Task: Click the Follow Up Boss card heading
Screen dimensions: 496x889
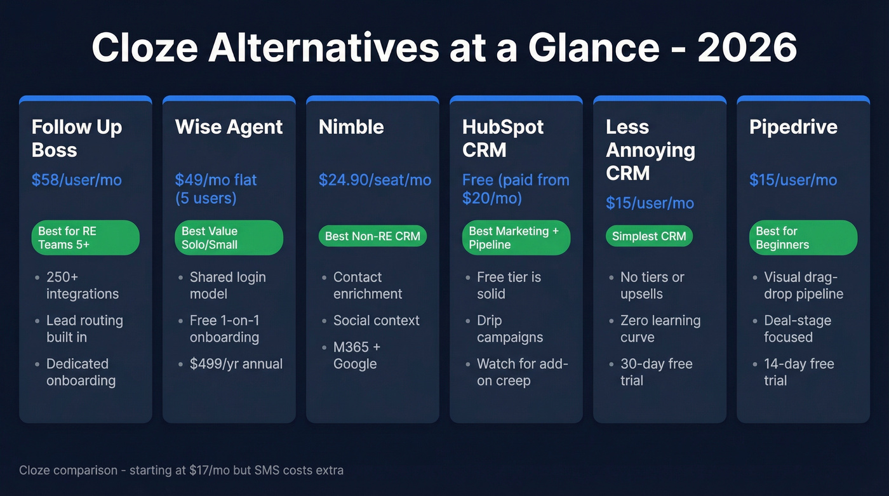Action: tap(76, 138)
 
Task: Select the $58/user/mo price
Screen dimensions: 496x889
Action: tap(76, 180)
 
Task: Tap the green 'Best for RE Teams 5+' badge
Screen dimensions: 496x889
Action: tap(85, 238)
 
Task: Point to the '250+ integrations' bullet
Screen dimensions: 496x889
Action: tap(82, 285)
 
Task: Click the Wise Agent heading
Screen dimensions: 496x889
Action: tap(229, 127)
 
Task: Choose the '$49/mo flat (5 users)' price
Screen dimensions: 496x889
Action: tap(216, 189)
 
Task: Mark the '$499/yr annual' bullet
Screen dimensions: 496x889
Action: tap(236, 364)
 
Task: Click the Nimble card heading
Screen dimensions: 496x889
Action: tap(351, 127)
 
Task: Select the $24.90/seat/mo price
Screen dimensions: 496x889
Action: tap(375, 180)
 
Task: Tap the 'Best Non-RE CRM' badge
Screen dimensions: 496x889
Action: tap(372, 236)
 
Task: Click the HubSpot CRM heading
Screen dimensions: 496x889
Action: tap(503, 138)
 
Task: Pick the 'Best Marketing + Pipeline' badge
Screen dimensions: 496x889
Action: tap(516, 238)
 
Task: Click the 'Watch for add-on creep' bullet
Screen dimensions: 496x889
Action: tap(522, 372)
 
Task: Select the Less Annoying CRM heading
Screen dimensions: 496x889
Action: tap(650, 150)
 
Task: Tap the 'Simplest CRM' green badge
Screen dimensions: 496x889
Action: tap(649, 236)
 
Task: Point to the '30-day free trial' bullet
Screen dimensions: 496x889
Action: tap(656, 372)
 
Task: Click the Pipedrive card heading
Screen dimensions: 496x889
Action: tap(793, 127)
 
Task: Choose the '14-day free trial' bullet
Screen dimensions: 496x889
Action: tap(799, 372)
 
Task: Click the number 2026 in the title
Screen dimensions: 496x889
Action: tap(747, 48)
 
